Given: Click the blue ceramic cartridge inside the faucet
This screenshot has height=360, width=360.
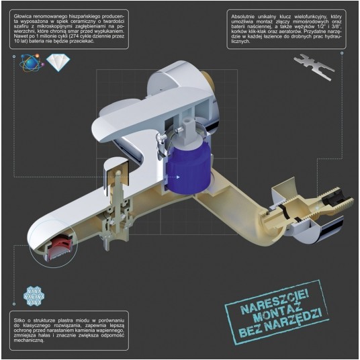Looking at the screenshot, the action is pyautogui.click(x=188, y=169).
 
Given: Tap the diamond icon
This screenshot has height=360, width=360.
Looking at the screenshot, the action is pyautogui.click(x=58, y=62).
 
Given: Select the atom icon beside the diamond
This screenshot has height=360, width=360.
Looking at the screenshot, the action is pyautogui.click(x=32, y=62).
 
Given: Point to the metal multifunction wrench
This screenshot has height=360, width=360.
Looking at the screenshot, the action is pyautogui.click(x=314, y=66).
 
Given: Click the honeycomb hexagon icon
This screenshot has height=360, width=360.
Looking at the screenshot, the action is pyautogui.click(x=34, y=296).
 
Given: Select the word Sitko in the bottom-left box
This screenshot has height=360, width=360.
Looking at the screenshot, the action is pyautogui.click(x=19, y=320).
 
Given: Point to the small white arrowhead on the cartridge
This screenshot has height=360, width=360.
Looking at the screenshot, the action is pyautogui.click(x=178, y=177).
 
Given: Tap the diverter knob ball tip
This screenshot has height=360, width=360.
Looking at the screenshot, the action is pyautogui.click(x=118, y=172).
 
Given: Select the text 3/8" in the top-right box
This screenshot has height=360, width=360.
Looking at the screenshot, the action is pyautogui.click(x=337, y=27).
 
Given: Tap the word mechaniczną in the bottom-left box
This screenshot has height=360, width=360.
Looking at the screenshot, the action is pyautogui.click(x=29, y=341).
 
